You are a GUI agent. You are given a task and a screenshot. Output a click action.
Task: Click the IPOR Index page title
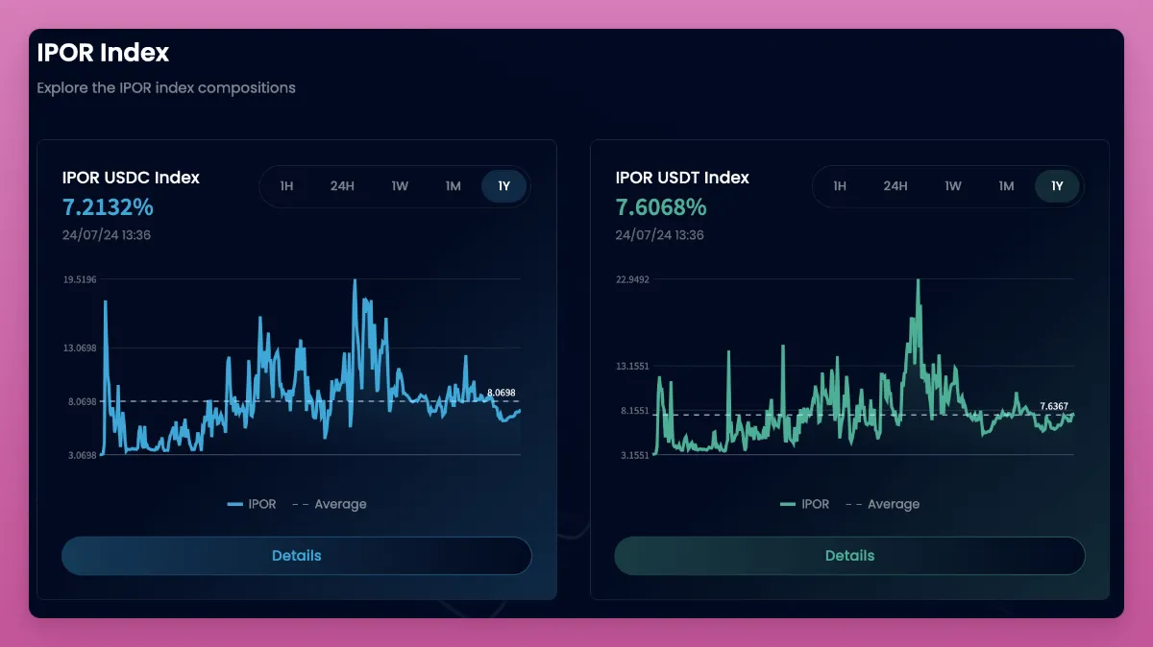103,52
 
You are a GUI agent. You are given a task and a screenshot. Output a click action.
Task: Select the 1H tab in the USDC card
286,186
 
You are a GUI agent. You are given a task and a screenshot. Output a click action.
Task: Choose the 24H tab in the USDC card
342,186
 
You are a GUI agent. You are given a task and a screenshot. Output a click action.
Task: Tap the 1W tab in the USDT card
952,186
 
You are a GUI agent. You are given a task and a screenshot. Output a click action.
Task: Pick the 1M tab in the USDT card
1006,186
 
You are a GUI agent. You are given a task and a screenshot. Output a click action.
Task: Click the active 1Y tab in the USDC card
503,186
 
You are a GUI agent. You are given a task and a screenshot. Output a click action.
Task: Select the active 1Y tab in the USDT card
1057,186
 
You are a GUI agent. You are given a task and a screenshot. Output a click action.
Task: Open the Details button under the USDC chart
296,556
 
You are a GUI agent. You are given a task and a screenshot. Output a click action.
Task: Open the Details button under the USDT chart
849,556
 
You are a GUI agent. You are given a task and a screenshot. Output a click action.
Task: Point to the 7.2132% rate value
108,207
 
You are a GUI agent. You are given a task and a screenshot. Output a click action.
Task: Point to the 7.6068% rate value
661,207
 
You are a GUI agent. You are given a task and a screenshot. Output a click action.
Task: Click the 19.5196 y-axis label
80,279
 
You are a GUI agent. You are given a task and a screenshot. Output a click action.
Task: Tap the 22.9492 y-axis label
633,279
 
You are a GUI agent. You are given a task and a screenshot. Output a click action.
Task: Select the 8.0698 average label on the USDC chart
502,393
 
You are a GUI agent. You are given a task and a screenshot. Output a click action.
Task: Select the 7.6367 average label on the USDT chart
1054,406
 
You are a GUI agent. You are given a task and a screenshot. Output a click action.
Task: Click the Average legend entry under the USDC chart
330,504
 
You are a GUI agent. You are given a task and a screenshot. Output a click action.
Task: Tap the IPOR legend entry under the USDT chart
805,504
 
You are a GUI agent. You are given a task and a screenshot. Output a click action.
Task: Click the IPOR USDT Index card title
682,178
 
